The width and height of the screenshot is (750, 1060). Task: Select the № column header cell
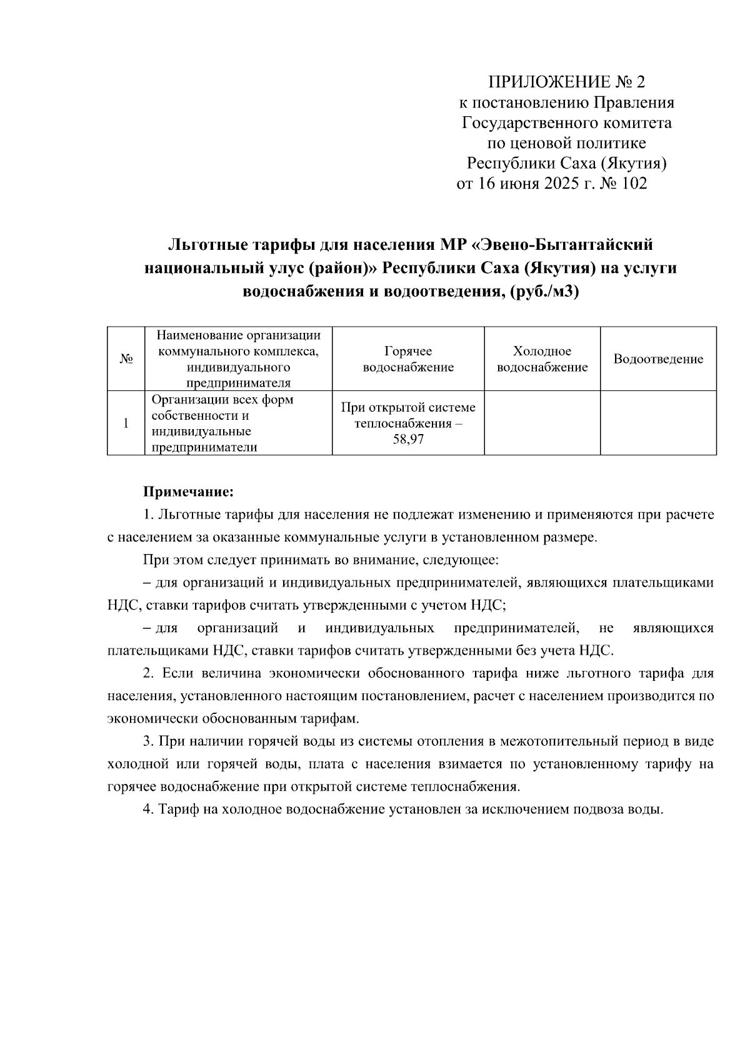coord(126,359)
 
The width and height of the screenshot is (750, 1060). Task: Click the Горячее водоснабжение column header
coord(408,359)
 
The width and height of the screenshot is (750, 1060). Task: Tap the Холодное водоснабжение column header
coord(542,359)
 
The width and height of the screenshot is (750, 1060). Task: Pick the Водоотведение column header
coord(658,359)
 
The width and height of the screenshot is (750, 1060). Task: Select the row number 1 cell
coord(126,423)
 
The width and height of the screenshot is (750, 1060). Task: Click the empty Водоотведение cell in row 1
coord(658,423)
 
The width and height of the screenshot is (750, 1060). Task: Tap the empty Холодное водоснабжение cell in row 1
coord(542,423)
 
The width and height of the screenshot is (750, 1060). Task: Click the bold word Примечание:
coord(189,492)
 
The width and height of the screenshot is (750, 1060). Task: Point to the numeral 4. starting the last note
coord(148,810)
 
